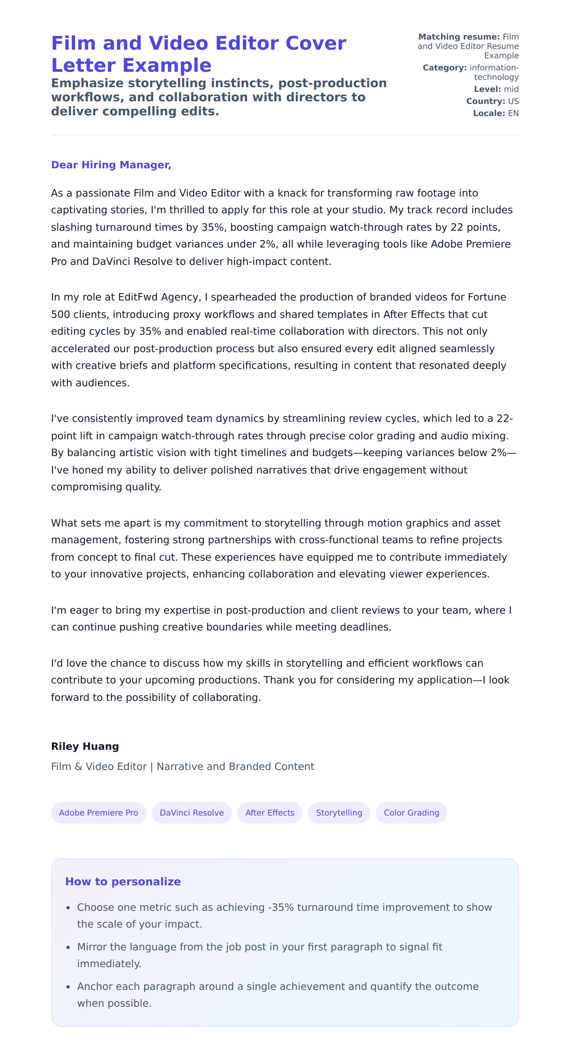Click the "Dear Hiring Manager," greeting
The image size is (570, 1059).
click(x=111, y=165)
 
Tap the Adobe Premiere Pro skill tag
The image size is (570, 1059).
click(x=98, y=813)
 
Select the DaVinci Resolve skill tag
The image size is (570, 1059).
click(x=191, y=813)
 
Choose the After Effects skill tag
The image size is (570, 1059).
click(x=270, y=813)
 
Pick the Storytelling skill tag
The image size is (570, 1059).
click(x=339, y=813)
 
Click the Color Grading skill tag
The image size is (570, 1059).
click(x=411, y=813)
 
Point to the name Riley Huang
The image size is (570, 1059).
click(x=84, y=746)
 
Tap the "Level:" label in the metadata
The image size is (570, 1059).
click(x=487, y=89)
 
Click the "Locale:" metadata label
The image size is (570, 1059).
click(x=489, y=113)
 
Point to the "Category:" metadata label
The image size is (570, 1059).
click(x=444, y=68)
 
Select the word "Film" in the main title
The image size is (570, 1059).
click(x=73, y=44)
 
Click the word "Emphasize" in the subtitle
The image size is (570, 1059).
click(x=87, y=83)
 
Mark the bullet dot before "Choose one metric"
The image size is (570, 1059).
click(x=68, y=908)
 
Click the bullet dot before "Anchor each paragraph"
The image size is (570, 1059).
click(x=68, y=987)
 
